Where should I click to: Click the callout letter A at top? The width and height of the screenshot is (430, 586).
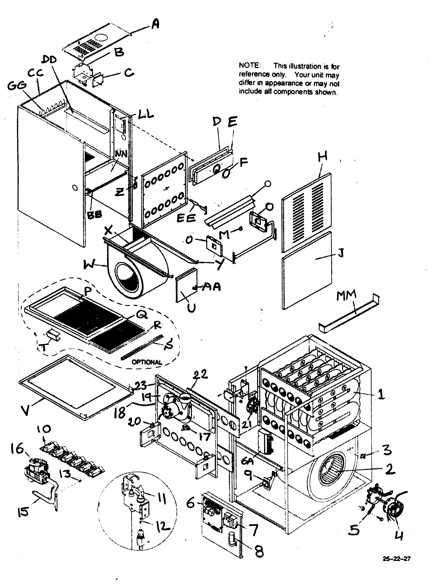(x=155, y=25)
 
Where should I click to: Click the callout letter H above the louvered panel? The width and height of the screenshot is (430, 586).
(x=323, y=157)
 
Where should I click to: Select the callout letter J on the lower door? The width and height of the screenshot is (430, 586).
(x=341, y=252)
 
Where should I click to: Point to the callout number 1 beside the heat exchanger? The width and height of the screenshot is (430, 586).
(x=381, y=394)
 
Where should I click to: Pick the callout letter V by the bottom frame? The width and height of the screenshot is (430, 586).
(x=25, y=410)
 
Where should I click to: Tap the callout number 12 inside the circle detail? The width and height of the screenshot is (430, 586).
(x=163, y=526)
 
